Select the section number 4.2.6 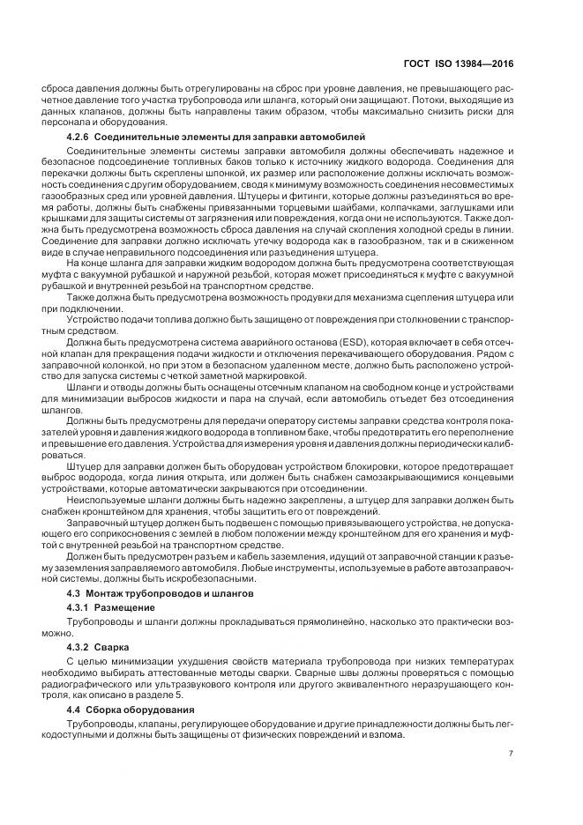(81, 137)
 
